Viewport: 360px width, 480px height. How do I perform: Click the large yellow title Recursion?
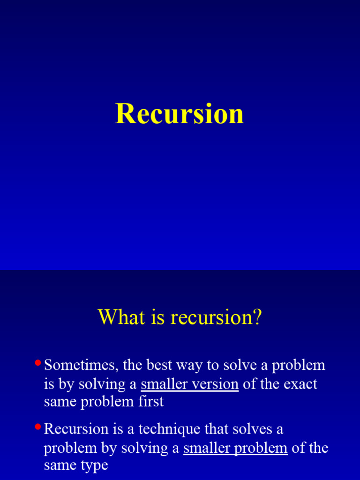point(180,114)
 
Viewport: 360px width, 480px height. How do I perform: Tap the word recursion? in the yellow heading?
point(216,317)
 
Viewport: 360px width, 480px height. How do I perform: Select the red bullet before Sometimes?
point(38,363)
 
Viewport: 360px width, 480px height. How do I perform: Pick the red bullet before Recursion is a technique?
point(38,427)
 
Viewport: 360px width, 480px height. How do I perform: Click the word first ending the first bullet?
point(152,402)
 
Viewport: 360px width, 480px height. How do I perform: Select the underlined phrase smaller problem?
point(235,448)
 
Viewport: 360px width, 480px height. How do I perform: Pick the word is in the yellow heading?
point(158,317)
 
